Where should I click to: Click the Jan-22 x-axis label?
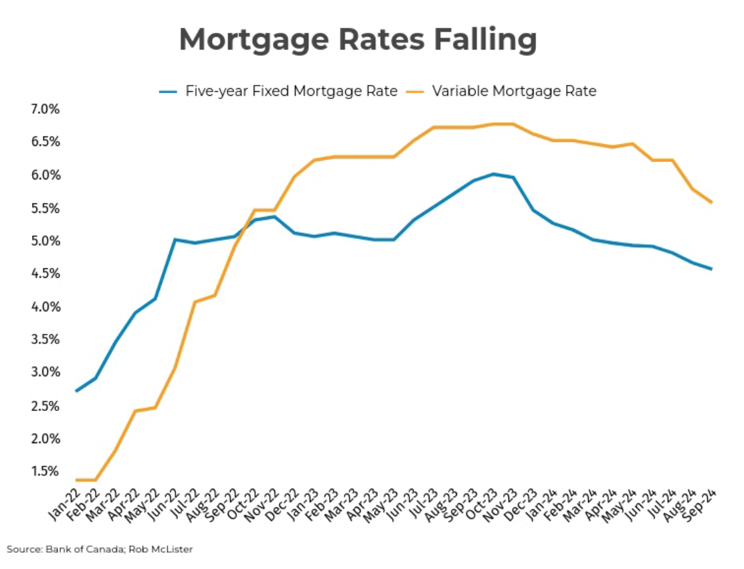64,502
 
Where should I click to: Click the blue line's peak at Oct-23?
493,174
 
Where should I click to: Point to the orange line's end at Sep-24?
711,202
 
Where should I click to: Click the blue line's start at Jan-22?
76,391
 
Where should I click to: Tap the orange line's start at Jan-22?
76,480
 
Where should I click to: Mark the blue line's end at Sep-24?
711,269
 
